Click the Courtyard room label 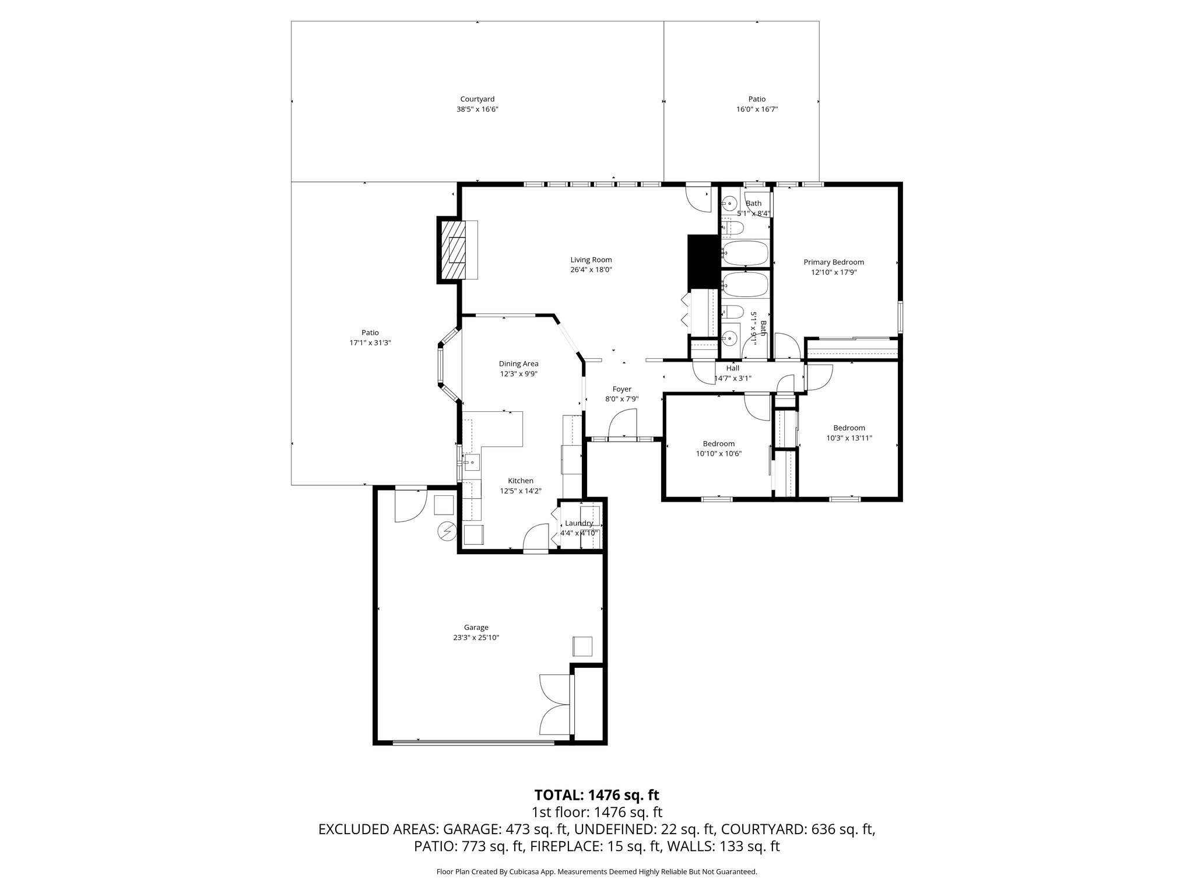tap(477, 99)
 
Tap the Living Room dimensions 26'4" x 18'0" tap(591, 270)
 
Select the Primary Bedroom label tap(833, 262)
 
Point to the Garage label tap(476, 628)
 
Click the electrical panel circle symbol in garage tap(447, 532)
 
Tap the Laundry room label tap(578, 523)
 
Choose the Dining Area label tap(518, 364)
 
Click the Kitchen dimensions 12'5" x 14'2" tap(520, 491)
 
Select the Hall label tap(732, 369)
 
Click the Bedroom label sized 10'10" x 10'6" tap(718, 444)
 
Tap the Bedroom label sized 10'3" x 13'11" tap(848, 428)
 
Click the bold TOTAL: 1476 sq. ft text tap(596, 794)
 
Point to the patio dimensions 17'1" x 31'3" tap(370, 343)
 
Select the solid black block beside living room tap(703, 262)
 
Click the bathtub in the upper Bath tap(744, 252)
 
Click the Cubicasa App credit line tap(596, 872)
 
